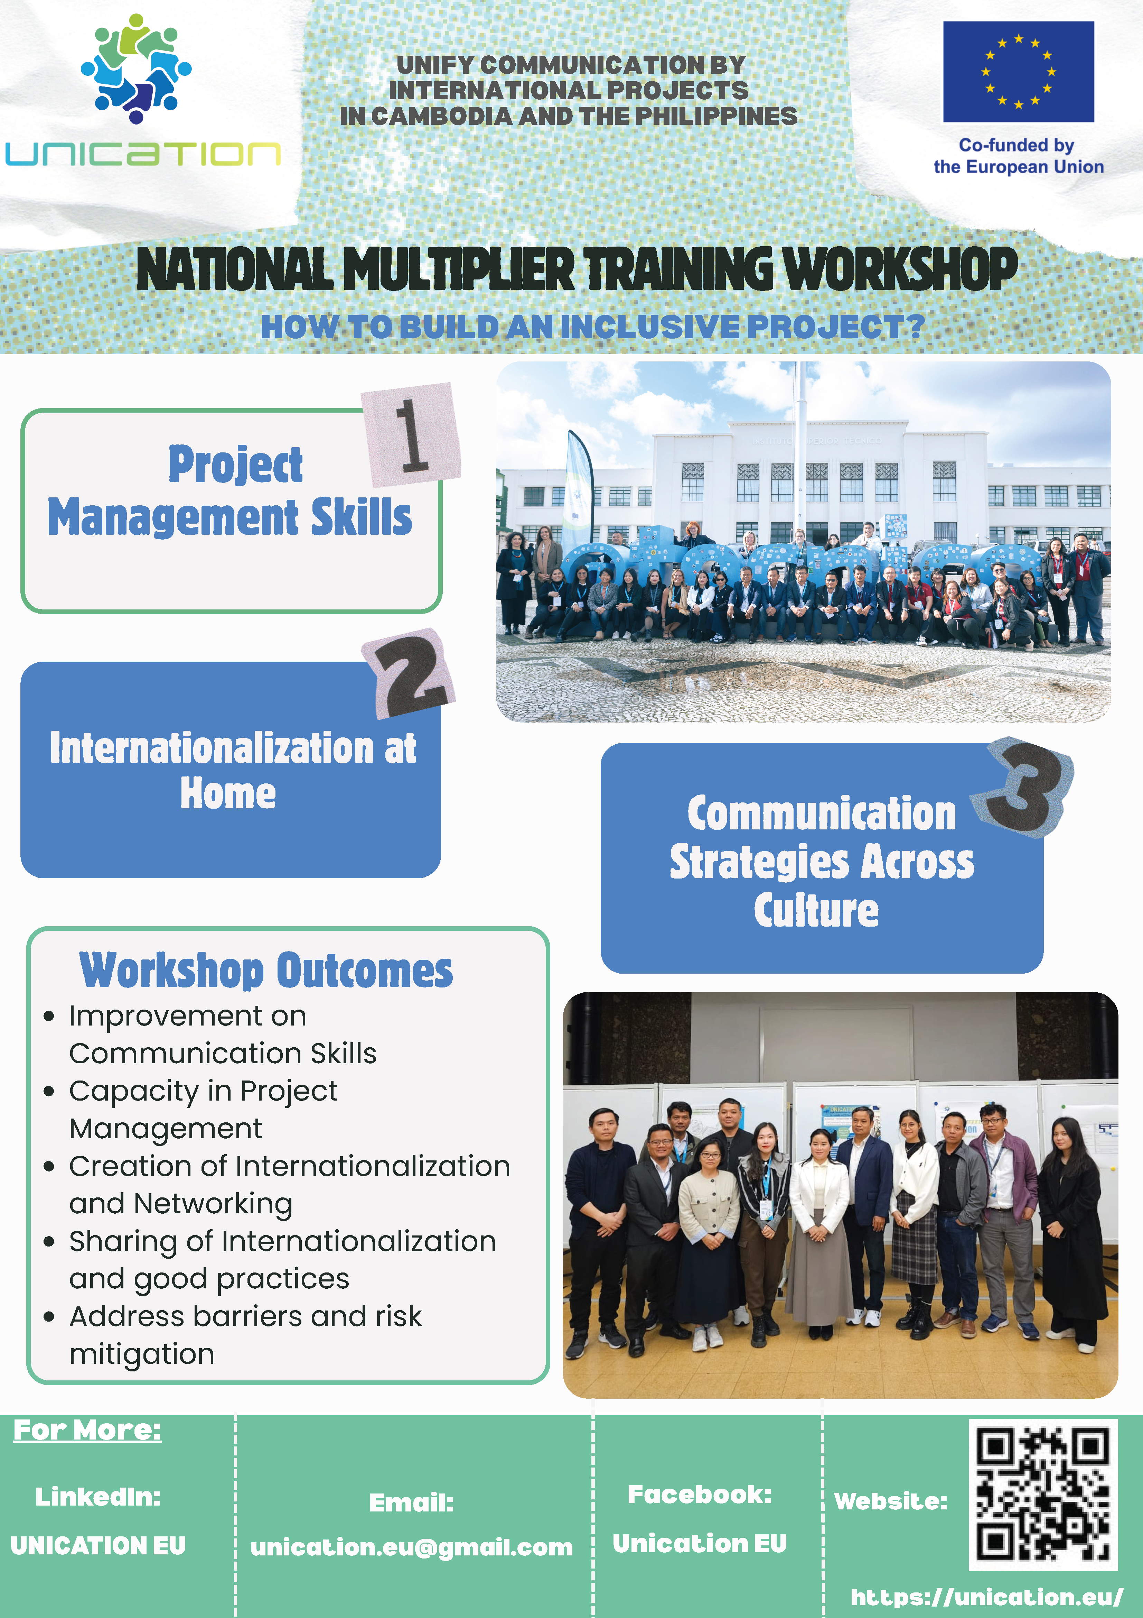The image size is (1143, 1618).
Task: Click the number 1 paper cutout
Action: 411,435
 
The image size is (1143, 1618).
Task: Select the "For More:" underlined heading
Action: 87,1430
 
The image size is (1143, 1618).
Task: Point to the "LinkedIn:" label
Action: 98,1497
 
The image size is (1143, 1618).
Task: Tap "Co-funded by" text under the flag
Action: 1016,145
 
